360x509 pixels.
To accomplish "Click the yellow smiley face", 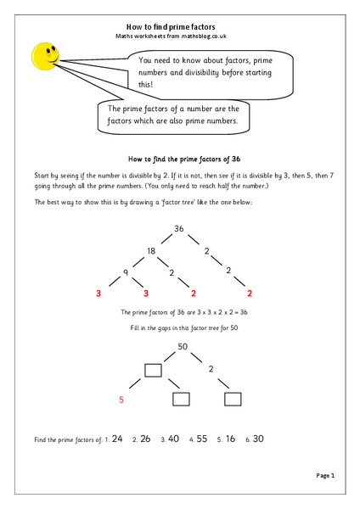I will tap(43, 56).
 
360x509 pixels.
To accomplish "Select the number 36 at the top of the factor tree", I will tap(179, 228).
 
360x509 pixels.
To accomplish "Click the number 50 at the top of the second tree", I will tap(182, 346).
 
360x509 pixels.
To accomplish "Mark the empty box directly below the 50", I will tap(153, 370).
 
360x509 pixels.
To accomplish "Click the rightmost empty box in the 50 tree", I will tap(233, 399).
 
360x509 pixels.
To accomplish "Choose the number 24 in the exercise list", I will tap(117, 439).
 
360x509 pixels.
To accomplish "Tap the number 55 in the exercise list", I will tap(201, 439).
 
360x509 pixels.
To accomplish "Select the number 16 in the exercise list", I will tap(230, 439).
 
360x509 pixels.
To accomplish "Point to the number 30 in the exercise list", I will tap(259, 439).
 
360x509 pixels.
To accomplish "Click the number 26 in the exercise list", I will tap(145, 439).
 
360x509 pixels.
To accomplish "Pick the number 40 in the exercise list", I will tap(173, 439).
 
